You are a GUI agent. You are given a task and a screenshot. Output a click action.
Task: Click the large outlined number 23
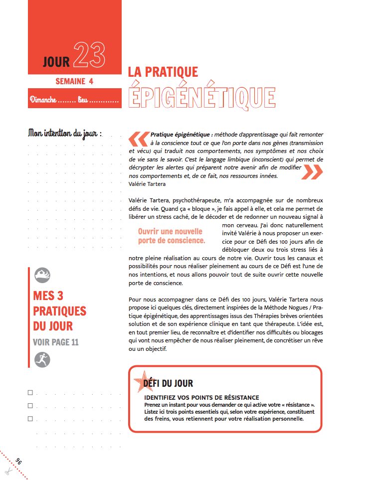pyautogui.click(x=90, y=55)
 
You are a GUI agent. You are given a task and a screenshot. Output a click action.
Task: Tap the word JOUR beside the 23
pyautogui.click(x=56, y=62)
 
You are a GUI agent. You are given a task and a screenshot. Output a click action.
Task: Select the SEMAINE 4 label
pyautogui.click(x=74, y=81)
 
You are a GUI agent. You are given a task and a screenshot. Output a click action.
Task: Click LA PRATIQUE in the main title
pyautogui.click(x=163, y=72)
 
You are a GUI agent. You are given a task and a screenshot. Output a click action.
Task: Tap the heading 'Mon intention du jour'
pyautogui.click(x=65, y=133)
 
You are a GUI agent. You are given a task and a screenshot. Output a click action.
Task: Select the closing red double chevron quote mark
pyautogui.click(x=313, y=171)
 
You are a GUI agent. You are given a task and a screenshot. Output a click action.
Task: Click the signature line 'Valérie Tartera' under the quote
pyautogui.click(x=145, y=183)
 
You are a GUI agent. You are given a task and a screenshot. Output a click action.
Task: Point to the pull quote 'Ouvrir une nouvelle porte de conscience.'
pyautogui.click(x=171, y=236)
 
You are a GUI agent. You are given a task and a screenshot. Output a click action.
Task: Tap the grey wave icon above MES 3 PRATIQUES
pyautogui.click(x=42, y=276)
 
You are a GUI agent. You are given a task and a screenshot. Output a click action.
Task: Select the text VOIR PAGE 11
pyautogui.click(x=56, y=342)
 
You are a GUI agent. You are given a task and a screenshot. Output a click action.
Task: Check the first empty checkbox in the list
pyautogui.click(x=31, y=393)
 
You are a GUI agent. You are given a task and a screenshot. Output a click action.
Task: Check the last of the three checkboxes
pyautogui.click(x=31, y=419)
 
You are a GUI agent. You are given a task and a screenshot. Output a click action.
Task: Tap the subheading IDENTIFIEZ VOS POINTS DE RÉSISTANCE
pyautogui.click(x=201, y=397)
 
